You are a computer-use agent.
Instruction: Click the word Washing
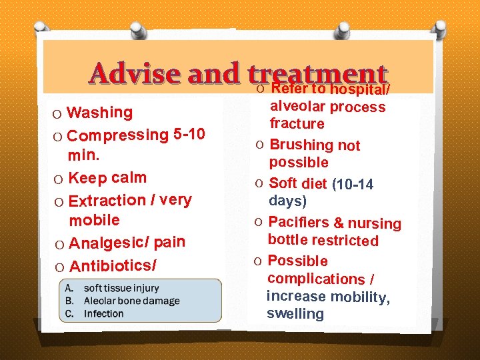coord(101,112)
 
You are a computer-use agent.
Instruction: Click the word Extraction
coord(107,200)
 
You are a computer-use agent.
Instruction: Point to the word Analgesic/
coord(109,243)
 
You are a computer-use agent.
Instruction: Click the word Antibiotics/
coord(113,266)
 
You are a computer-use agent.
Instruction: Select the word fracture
coord(297,123)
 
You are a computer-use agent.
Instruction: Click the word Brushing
coord(301,145)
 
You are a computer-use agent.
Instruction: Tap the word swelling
coord(295,314)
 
